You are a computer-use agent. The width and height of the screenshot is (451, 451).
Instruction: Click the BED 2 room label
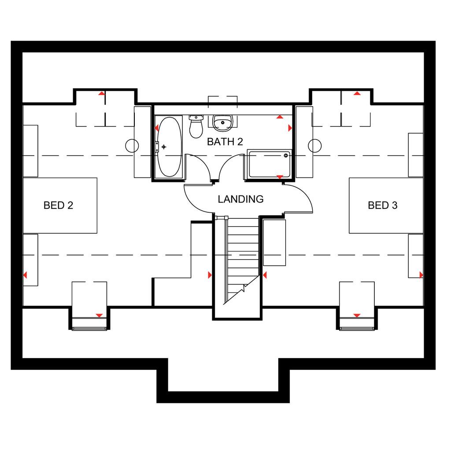[x=58, y=205]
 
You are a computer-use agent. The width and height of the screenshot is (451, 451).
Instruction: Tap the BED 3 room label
[x=383, y=205]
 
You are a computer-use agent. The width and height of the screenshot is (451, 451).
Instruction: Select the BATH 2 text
[x=225, y=142]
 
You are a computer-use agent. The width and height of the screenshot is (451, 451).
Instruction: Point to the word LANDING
[x=240, y=199]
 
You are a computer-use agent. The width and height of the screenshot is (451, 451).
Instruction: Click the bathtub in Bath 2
[x=169, y=147]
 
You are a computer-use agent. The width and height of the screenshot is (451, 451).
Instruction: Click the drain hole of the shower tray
[x=286, y=155]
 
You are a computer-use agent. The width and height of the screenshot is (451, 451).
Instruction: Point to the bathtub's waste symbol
[x=164, y=147]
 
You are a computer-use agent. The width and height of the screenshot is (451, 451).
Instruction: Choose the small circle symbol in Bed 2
[x=132, y=145]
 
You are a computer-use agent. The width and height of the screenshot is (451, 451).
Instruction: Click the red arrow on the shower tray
[x=279, y=177]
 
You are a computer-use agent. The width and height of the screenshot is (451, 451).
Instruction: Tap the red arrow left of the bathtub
[x=157, y=128]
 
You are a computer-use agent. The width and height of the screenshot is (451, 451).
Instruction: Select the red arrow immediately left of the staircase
[x=210, y=275]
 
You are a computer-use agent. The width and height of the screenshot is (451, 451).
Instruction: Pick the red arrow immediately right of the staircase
[x=265, y=275]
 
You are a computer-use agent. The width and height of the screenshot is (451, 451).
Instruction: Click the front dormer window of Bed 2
[x=89, y=328]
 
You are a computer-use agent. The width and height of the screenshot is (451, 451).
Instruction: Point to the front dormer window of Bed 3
[x=357, y=328]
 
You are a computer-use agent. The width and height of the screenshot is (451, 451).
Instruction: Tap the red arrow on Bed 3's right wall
[x=421, y=275]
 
